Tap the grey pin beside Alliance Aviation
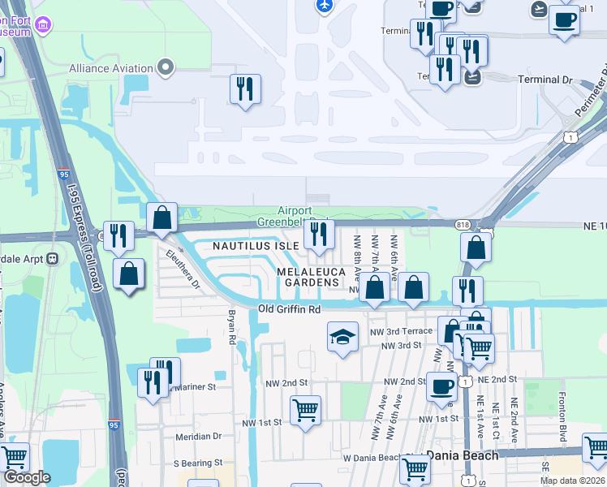(167, 67)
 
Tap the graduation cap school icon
(342, 337)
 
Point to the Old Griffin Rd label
(290, 309)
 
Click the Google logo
(27, 477)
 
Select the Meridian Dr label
(198, 436)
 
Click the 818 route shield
(463, 223)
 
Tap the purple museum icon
(42, 26)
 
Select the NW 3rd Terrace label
(398, 331)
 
